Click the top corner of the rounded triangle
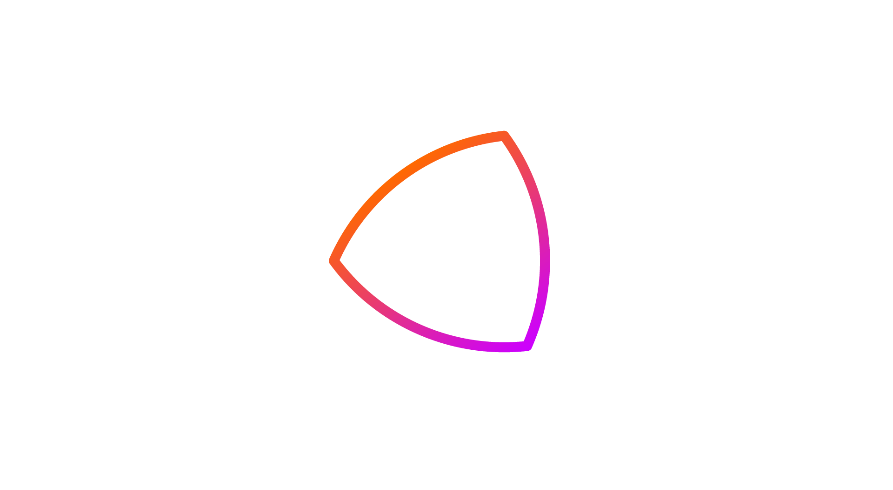(504, 136)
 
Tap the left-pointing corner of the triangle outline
(333, 261)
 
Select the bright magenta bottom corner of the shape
(527, 346)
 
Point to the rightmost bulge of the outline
(545, 259)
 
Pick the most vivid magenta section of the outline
(521, 347)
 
